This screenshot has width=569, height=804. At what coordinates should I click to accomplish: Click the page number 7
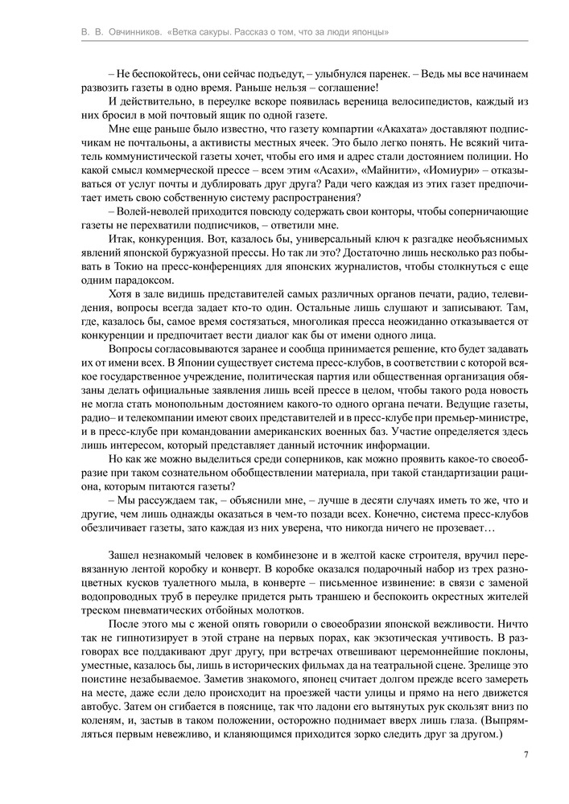click(x=526, y=754)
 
